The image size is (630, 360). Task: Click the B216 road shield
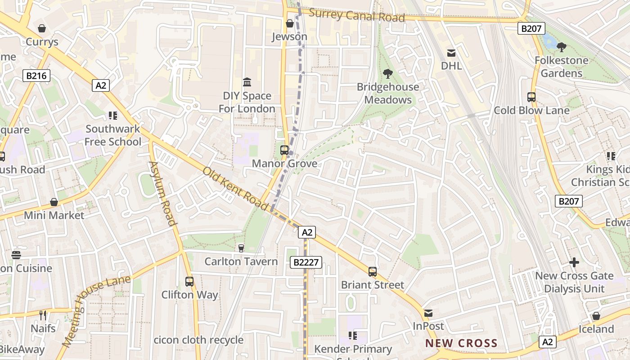click(36, 76)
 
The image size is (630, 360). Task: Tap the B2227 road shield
click(306, 262)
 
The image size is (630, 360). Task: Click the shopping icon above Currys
click(42, 29)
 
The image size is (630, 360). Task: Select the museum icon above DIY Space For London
click(247, 82)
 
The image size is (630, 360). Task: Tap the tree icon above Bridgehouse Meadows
click(387, 74)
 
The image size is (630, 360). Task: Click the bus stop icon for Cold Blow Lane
click(531, 97)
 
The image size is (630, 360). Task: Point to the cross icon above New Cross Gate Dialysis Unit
click(574, 262)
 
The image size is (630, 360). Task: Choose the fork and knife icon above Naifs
click(43, 315)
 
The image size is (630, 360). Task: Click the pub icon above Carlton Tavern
click(241, 248)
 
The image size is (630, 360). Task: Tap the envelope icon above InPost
click(428, 313)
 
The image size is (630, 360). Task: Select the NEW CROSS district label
click(462, 343)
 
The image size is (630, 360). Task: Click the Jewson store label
click(289, 37)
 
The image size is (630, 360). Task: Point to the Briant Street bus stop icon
click(373, 271)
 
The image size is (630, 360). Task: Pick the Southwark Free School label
click(113, 135)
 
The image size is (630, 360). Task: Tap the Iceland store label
click(596, 329)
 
